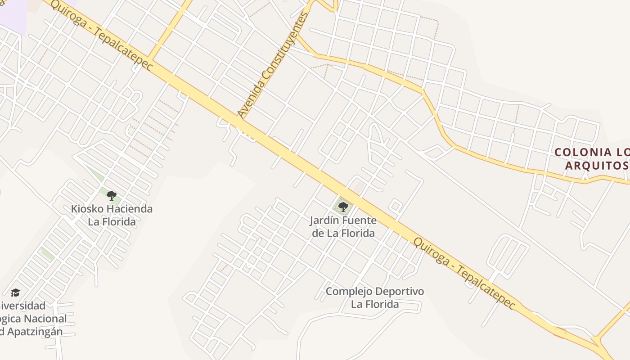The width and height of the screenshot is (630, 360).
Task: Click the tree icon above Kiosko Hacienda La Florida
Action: [112, 196]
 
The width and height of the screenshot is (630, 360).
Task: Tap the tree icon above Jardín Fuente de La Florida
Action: [343, 207]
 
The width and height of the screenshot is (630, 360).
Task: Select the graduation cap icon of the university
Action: [16, 293]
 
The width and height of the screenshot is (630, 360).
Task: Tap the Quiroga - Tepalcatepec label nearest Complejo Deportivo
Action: [464, 273]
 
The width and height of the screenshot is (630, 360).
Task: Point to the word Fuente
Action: [360, 221]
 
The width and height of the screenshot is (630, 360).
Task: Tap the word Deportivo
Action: [400, 292]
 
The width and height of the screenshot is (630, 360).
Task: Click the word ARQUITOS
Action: [596, 165]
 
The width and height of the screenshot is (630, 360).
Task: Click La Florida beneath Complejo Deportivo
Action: [375, 304]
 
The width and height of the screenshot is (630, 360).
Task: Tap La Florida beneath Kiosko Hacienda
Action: [112, 221]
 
